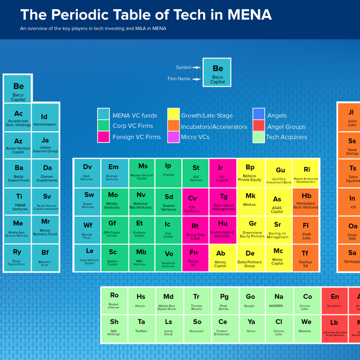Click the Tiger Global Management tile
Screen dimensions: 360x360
coord(223,202)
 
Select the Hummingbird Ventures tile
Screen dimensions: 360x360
coord(223,229)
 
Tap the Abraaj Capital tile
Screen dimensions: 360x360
coord(223,258)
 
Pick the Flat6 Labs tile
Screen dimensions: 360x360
coord(306,229)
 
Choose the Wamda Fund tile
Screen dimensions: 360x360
coord(88,229)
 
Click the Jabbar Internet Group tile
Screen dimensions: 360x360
coord(45,145)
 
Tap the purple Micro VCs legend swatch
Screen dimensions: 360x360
coord(173,137)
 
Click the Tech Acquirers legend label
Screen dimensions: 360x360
coord(286,137)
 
